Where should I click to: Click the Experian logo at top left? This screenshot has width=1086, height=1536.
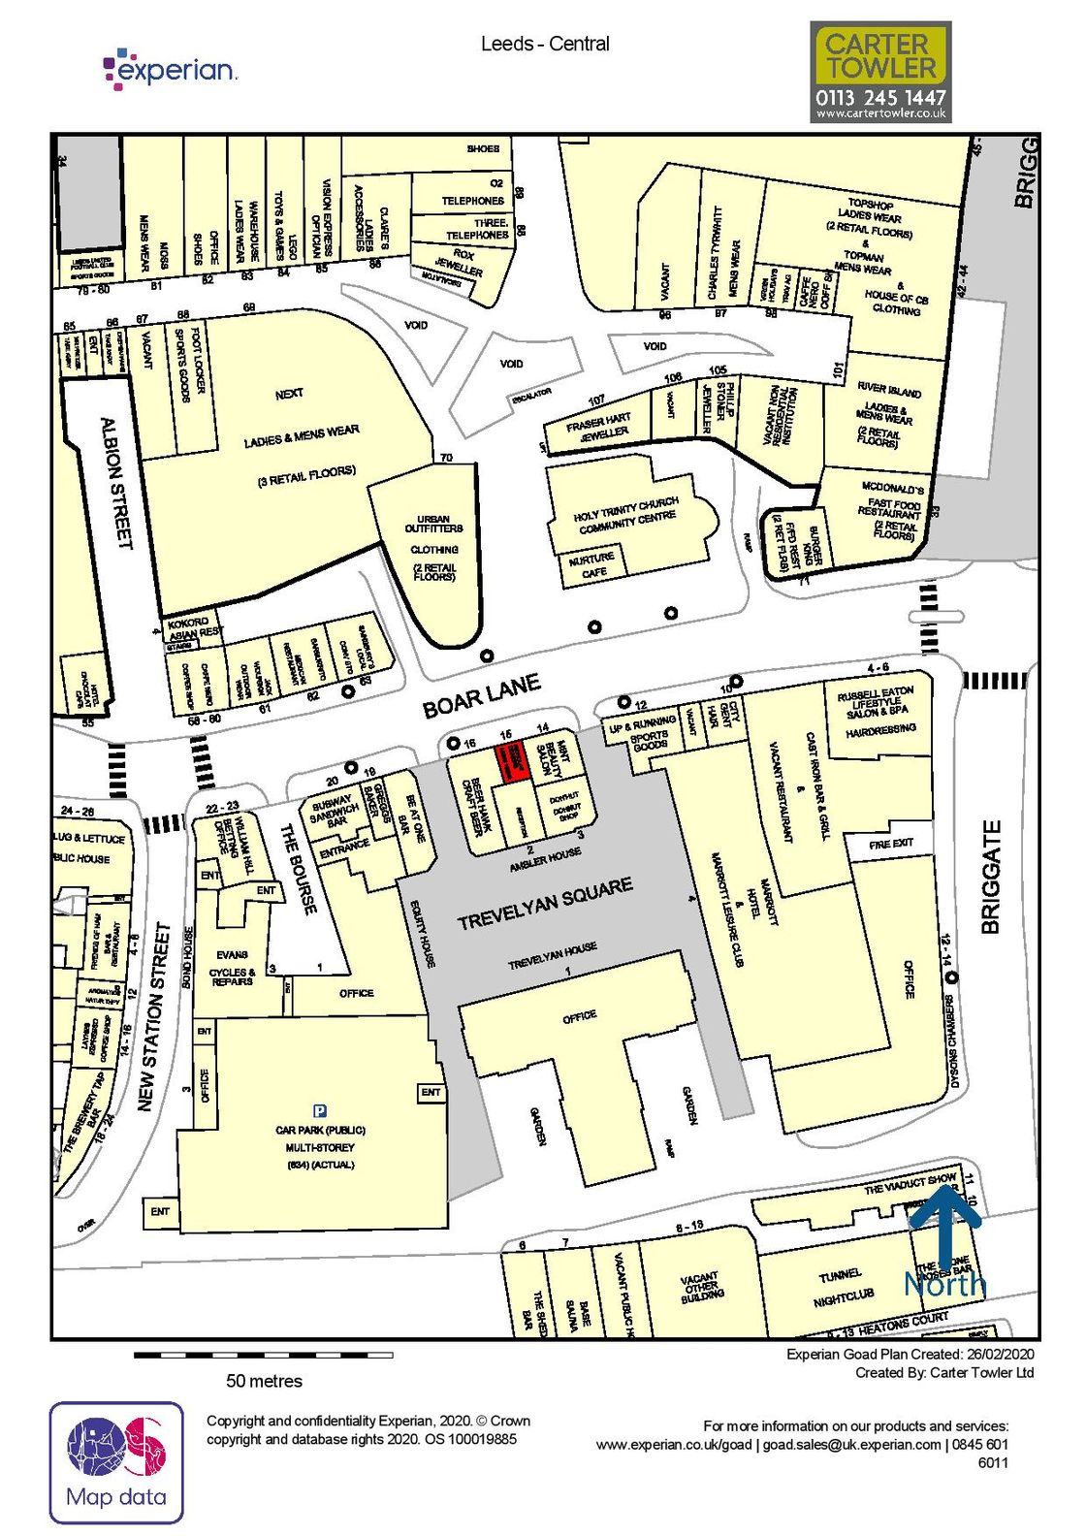[171, 68]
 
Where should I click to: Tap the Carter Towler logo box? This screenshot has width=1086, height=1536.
[880, 73]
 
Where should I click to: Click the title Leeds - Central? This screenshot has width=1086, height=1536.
[545, 44]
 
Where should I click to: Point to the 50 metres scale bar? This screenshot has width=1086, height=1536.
[263, 1355]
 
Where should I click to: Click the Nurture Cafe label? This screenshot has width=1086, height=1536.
[592, 564]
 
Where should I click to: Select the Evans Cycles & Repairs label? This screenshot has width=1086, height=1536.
[233, 968]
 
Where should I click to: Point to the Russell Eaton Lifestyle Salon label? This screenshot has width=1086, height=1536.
[877, 702]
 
